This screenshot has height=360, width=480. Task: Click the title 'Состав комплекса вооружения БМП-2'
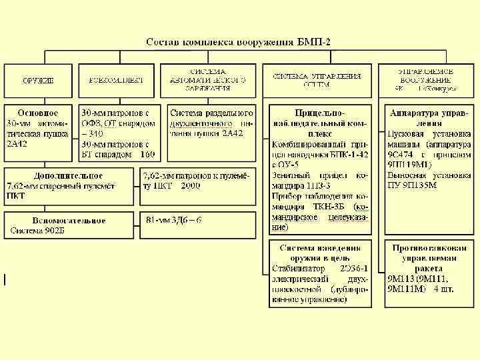(x=239, y=42)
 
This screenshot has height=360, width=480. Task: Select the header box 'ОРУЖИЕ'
(x=38, y=80)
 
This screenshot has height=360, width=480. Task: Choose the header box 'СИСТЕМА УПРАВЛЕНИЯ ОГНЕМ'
(x=317, y=80)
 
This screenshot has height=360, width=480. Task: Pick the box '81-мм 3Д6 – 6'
(x=173, y=220)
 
